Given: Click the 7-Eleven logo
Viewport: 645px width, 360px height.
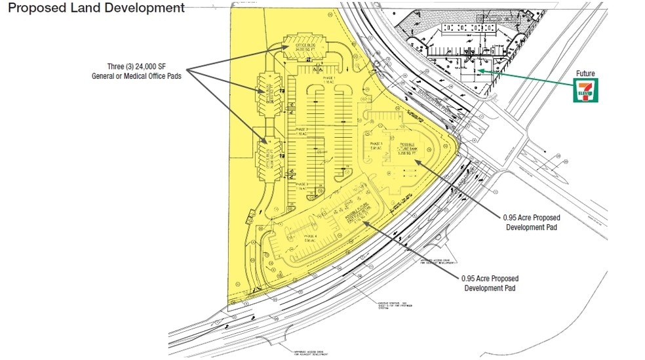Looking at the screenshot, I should point(586,91).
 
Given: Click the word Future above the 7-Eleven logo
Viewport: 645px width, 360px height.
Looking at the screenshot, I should point(586,74).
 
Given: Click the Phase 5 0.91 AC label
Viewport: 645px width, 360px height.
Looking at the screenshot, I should point(376,146).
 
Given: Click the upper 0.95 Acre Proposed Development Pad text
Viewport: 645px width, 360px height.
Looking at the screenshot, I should point(532,222).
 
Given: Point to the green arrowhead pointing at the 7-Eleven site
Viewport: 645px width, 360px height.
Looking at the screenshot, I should point(479,69).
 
